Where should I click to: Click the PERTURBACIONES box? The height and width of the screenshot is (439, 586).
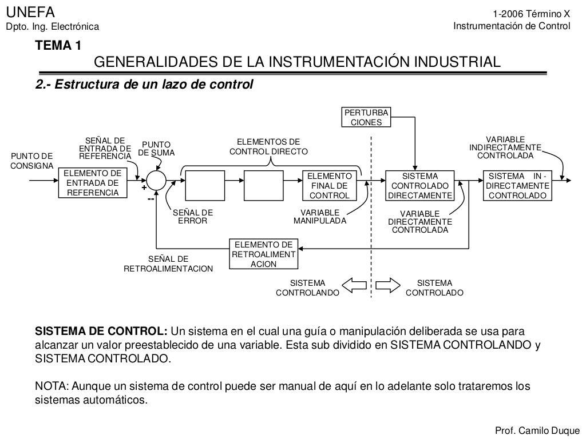point(366,117)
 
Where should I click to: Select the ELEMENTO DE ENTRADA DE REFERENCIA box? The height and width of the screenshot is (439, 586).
point(92,183)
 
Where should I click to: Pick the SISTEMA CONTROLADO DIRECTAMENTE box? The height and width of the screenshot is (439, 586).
point(420,186)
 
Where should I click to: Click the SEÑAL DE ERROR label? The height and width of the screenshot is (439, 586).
point(192,217)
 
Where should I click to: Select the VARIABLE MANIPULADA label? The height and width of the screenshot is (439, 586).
point(320,217)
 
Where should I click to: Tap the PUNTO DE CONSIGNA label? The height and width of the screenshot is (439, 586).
point(31,161)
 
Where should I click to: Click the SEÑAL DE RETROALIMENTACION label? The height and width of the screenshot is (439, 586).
point(168,264)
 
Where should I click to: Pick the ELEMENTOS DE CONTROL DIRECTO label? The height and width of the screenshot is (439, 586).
point(268,147)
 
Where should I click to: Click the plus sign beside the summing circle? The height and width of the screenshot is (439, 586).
point(144,187)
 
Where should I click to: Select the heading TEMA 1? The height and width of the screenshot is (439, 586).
point(58,46)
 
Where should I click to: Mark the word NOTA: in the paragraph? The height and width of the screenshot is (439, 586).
point(52,386)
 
